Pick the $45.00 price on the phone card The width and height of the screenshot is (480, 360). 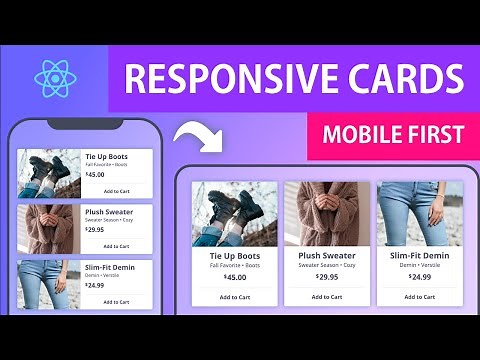(x=95, y=174)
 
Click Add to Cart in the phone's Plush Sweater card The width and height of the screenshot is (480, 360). (x=117, y=245)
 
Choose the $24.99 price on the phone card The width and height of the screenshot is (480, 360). (x=95, y=285)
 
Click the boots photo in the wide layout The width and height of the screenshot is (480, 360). (x=234, y=213)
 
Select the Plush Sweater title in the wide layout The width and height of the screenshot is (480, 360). (x=327, y=255)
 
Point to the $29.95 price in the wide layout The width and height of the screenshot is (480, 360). (x=327, y=277)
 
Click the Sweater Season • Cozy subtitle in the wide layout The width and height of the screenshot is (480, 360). (x=327, y=265)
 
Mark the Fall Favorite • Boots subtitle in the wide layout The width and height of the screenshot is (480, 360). (x=234, y=265)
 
